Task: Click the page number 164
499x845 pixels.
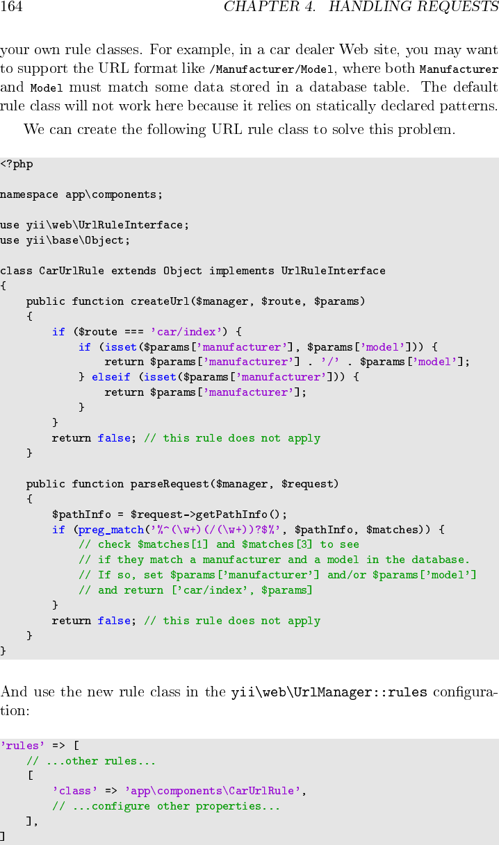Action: pos(12,8)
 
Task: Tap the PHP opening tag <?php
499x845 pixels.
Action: pos(17,165)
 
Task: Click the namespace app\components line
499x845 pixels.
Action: pos(81,195)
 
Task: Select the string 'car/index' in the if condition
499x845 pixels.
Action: pos(186,332)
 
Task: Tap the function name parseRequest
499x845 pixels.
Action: pos(166,484)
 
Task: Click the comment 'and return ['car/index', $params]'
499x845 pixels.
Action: pos(195,590)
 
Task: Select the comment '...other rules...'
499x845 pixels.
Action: pos(91,761)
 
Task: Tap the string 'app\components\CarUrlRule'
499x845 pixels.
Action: pos(215,791)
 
